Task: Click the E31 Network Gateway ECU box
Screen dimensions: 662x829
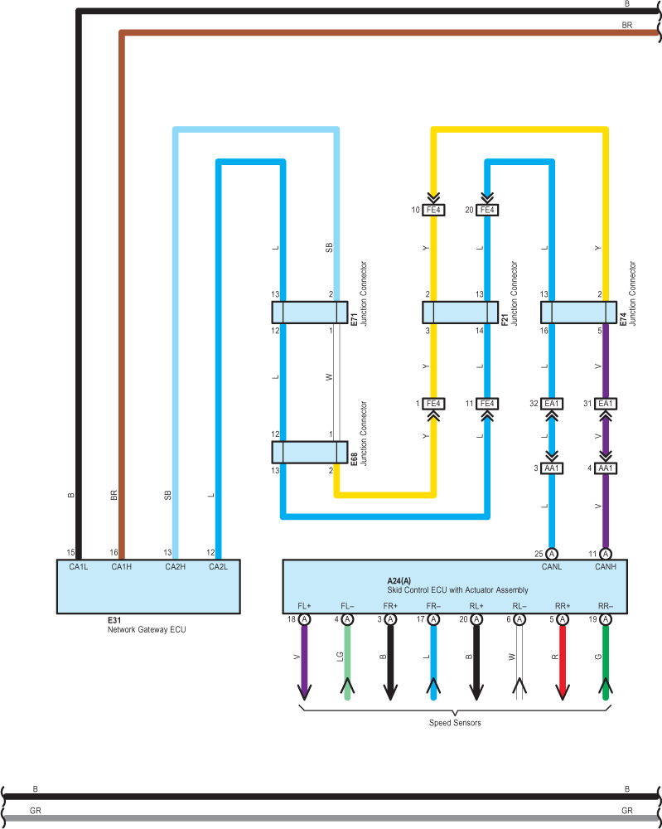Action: click(x=148, y=586)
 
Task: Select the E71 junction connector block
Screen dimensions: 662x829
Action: click(x=310, y=313)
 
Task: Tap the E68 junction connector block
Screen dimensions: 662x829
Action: click(x=310, y=452)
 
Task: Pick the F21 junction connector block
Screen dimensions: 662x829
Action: click(x=460, y=313)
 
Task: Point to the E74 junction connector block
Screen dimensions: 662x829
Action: click(x=578, y=313)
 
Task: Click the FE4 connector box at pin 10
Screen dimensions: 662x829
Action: click(x=433, y=210)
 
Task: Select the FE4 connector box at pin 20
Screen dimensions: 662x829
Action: click(x=487, y=210)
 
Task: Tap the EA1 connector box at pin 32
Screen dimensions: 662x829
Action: click(x=552, y=404)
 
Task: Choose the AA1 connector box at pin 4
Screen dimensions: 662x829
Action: click(x=606, y=468)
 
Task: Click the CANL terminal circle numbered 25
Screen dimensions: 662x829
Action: click(x=552, y=554)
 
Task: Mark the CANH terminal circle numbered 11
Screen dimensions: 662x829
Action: click(x=606, y=554)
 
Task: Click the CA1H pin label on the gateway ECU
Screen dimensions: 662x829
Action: click(x=122, y=567)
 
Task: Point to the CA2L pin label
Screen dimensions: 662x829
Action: click(x=218, y=567)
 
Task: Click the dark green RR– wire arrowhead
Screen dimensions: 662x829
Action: click(x=606, y=686)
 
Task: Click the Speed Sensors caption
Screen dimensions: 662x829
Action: click(x=455, y=723)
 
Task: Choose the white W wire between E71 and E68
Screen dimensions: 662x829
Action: click(x=336, y=382)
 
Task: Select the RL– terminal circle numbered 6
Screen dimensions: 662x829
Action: click(x=519, y=619)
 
